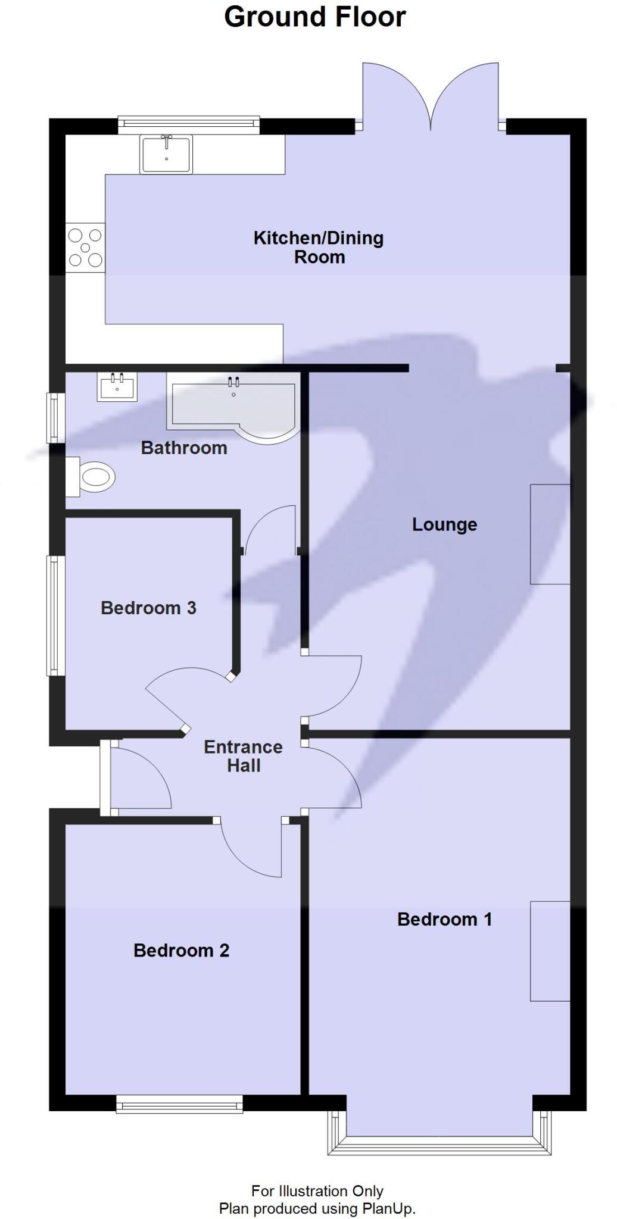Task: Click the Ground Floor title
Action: tap(314, 17)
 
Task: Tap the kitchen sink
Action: tap(166, 154)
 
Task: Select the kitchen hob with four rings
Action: tap(85, 248)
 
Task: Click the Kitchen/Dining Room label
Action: tap(319, 248)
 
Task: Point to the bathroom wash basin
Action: tap(117, 386)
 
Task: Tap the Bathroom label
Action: tap(184, 448)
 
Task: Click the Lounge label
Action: tap(444, 525)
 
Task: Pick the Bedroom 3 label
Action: tap(148, 608)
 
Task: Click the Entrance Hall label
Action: tap(243, 757)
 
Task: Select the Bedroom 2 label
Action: tap(181, 951)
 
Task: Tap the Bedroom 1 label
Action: tap(444, 920)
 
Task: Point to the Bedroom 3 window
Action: tap(56, 615)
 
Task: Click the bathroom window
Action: tap(56, 417)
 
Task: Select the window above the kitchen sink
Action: tap(189, 123)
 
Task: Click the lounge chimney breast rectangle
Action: tap(550, 534)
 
